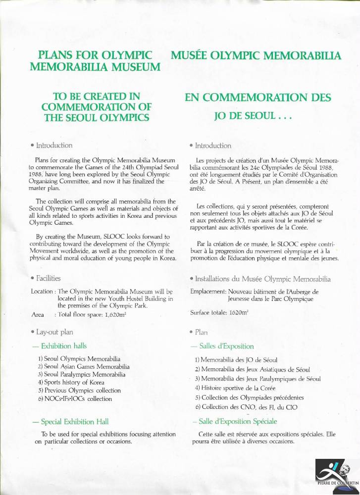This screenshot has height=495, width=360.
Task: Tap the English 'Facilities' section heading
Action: [46, 278]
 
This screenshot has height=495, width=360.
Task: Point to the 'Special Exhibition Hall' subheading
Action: [70, 422]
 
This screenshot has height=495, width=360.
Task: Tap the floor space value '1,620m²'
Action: [109, 314]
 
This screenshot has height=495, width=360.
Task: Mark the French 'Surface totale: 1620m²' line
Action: [218, 313]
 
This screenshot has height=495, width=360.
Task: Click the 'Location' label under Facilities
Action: [42, 291]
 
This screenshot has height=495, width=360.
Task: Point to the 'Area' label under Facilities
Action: [38, 314]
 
